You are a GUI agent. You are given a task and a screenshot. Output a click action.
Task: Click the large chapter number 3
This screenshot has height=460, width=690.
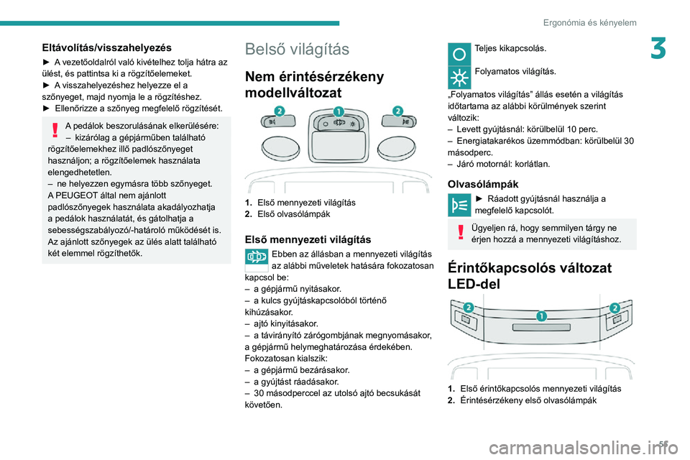(658, 48)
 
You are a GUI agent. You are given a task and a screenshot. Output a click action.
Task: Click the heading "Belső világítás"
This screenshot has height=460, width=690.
(297, 49)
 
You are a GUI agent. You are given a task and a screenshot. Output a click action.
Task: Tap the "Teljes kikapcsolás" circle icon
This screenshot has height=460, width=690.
(459, 54)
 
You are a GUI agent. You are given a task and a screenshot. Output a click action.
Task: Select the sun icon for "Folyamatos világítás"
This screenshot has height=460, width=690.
(459, 78)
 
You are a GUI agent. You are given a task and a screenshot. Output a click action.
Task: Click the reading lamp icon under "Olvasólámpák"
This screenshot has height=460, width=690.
(459, 205)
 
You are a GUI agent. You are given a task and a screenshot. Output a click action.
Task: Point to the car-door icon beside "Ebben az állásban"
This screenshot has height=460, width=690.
(257, 256)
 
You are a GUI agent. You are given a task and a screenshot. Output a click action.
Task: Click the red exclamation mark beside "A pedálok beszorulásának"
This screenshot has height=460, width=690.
(55, 130)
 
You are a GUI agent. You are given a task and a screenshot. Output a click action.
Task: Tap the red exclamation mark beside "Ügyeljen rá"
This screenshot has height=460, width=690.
(461, 231)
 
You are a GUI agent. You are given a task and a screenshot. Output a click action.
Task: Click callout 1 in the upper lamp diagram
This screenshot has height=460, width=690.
(338, 111)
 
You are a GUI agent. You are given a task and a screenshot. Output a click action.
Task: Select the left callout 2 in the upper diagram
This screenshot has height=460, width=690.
(279, 111)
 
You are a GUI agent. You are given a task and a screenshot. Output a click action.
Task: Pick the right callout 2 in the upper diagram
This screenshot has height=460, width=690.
(397, 111)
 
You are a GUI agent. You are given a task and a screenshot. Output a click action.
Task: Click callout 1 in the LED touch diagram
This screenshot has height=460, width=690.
(541, 316)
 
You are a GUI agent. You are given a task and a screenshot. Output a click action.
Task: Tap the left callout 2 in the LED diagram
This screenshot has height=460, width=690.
(468, 307)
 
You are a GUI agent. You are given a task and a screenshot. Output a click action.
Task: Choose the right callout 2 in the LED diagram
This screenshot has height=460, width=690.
(615, 307)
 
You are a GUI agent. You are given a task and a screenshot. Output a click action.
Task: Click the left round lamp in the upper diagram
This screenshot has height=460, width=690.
(281, 148)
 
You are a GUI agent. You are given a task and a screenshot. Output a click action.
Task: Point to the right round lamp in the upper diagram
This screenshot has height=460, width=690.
(397, 148)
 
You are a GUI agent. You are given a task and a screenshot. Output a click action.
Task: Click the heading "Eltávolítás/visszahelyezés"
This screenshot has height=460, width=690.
(107, 47)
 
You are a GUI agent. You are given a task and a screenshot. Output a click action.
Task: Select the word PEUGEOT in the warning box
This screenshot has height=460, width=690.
(74, 195)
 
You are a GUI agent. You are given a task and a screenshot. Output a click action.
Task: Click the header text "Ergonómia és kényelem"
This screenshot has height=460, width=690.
(589, 23)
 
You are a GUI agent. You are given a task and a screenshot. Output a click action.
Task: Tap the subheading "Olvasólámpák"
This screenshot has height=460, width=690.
(483, 184)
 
